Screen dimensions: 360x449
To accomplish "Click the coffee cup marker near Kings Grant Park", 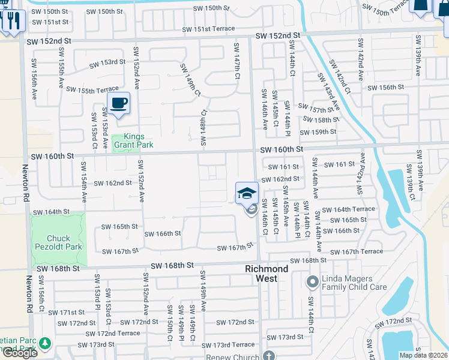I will click(119, 103).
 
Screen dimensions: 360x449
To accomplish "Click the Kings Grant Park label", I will click(134, 141).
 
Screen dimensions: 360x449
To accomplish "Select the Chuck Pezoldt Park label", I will click(58, 242).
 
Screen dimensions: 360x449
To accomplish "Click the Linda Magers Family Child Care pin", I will click(312, 281).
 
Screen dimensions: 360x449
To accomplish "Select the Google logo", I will click(19, 353).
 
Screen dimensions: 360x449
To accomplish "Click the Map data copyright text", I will click(424, 355).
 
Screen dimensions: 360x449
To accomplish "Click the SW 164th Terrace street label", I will click(348, 209).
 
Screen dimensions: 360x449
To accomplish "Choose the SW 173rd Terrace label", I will click(228, 345).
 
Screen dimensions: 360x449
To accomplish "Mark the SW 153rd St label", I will click(107, 62).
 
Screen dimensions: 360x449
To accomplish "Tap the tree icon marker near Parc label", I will click(46, 343).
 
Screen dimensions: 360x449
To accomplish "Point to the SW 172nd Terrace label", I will click(112, 334).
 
